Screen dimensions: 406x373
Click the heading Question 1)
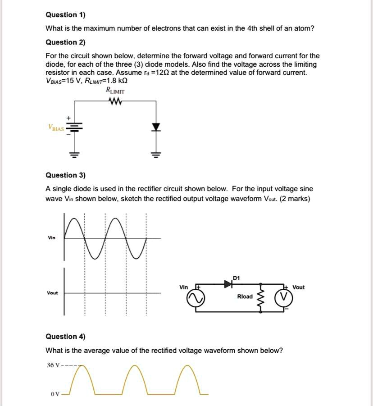pyautogui.click(x=66, y=14)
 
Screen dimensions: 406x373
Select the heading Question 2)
pyautogui.click(x=66, y=42)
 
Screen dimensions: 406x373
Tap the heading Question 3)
pyautogui.click(x=66, y=175)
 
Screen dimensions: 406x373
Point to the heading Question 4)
pyautogui.click(x=66, y=336)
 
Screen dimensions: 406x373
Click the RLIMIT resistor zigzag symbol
pyautogui.click(x=115, y=101)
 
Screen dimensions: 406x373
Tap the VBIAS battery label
pyautogui.click(x=56, y=128)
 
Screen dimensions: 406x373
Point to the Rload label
pyautogui.click(x=245, y=297)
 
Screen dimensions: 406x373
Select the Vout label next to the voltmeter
pyautogui.click(x=298, y=287)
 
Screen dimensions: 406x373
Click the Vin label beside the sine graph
pyautogui.click(x=52, y=238)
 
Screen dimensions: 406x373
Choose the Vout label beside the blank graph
pyautogui.click(x=52, y=293)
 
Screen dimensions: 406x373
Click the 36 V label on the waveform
pyautogui.click(x=54, y=365)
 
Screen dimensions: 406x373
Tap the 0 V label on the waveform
pyautogui.click(x=55, y=394)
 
